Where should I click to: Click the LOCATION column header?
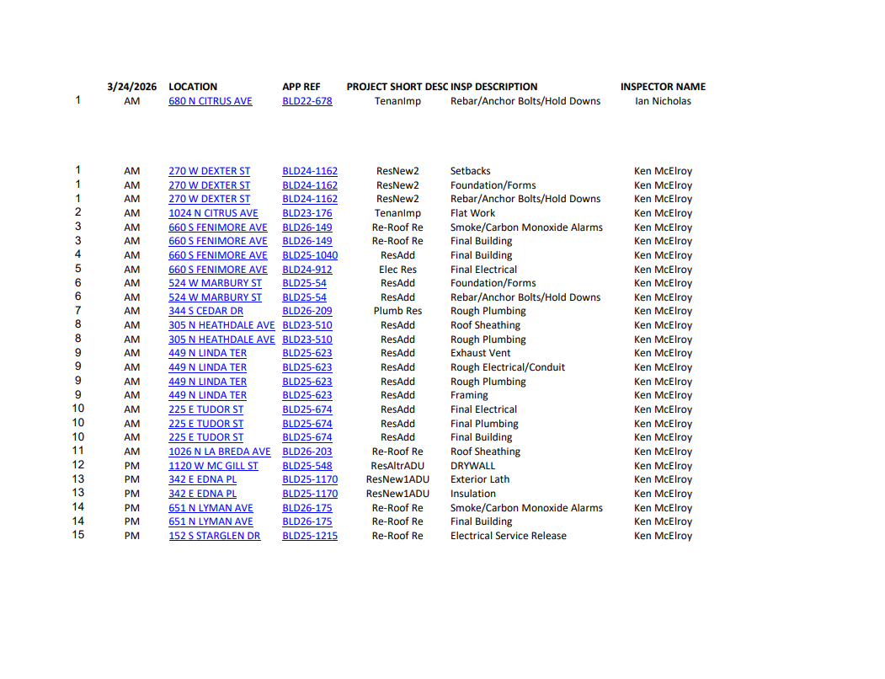click(x=193, y=87)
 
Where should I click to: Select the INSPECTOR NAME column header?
click(x=663, y=87)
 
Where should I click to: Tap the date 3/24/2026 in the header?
click(x=132, y=87)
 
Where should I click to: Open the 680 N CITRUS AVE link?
click(x=211, y=101)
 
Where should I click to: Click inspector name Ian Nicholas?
click(x=663, y=101)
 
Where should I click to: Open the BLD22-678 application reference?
click(x=307, y=101)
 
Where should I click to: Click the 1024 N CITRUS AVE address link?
click(x=213, y=213)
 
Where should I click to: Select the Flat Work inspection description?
click(x=473, y=213)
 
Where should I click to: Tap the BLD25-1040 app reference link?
click(x=310, y=255)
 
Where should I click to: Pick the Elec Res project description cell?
click(x=397, y=270)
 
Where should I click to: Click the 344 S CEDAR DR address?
click(x=205, y=311)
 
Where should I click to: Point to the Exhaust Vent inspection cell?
click(x=480, y=353)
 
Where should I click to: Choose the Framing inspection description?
click(x=469, y=395)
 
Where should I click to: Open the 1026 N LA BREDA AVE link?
click(x=220, y=452)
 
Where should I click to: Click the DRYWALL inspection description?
click(x=473, y=466)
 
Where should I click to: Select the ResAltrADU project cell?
click(x=397, y=466)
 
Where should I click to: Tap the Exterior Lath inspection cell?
click(x=480, y=479)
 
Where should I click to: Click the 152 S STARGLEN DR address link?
click(x=215, y=536)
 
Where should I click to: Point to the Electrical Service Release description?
click(x=509, y=536)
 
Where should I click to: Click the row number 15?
click(x=78, y=536)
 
